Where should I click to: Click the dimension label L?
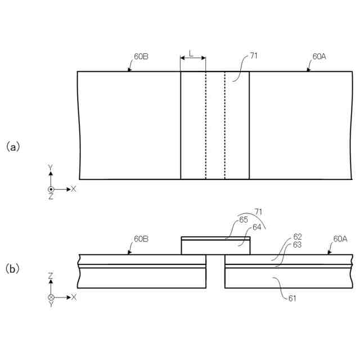pos(192,53)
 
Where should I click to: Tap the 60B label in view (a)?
pos(142,57)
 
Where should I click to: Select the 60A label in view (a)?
pos(319,57)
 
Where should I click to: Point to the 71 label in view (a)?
pos(254,57)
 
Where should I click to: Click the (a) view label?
pos(13,147)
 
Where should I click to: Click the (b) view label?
pos(13,269)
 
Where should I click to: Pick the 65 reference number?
pos(244,220)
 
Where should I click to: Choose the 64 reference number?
pos(257,227)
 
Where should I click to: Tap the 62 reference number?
pos(296,236)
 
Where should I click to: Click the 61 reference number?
pos(292,298)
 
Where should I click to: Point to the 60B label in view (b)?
pos(141,238)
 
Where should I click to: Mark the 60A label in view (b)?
pos(340,238)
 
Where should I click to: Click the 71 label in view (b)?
pos(258,211)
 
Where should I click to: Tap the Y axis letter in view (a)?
pos(51,168)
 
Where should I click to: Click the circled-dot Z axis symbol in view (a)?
pos(51,189)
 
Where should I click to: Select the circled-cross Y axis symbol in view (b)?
pos(51,296)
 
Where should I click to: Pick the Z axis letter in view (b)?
pos(51,276)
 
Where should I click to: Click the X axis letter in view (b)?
pos(73,296)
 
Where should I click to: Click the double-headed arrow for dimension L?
pos(193,58)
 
